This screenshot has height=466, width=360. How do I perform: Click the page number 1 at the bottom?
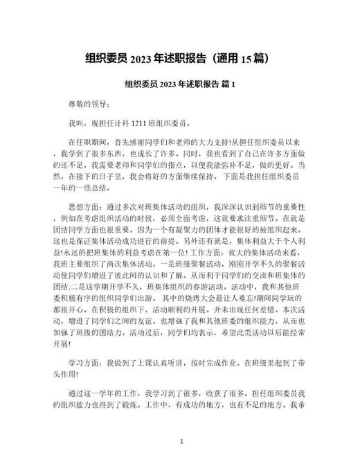[181, 441]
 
